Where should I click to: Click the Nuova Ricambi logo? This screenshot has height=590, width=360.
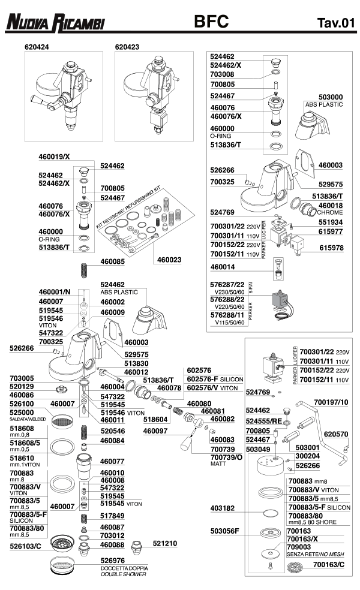coord(55,22)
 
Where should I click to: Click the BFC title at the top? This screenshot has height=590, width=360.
coord(211,22)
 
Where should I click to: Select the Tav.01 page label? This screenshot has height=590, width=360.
coord(336,23)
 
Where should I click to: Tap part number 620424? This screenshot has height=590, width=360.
coord(37,47)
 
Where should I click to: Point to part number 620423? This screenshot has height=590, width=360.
coord(127,47)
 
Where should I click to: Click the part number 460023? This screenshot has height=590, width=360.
coord(169,260)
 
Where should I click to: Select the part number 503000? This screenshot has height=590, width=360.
coord(331,97)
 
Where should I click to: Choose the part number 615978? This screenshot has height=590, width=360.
coord(331,248)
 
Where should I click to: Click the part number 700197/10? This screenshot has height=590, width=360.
coord(331,402)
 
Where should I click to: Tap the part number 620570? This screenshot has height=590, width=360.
coord(336,434)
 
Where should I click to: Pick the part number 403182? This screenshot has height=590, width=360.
coord(222,508)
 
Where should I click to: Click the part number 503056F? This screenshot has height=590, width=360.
coord(224,531)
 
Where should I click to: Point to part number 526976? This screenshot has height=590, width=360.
coord(113,561)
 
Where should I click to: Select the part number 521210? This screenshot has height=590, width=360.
coord(165,543)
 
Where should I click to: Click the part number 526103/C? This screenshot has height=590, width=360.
coord(25,546)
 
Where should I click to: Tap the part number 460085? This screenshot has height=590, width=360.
coord(112,261)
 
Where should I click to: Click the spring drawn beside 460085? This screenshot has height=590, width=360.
coord(85,270)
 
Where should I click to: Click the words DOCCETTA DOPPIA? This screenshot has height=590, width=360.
coord(124,568)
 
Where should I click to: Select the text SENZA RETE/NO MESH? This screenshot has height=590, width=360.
coord(315,554)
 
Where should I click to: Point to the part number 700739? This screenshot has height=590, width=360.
coord(223,449)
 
